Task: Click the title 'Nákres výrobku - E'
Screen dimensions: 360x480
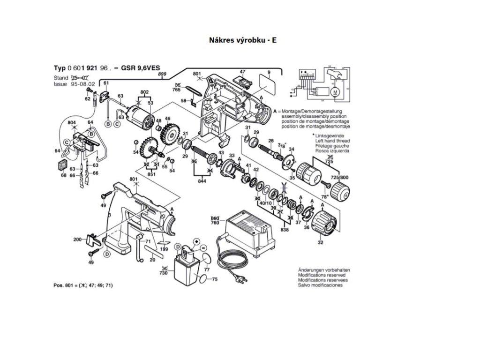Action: [x=242, y=40]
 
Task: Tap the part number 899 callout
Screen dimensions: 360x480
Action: [x=162, y=75]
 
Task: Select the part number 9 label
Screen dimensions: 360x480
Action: [x=269, y=72]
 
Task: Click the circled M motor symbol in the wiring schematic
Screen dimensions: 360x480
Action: [x=335, y=92]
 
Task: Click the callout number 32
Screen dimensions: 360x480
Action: [x=321, y=243]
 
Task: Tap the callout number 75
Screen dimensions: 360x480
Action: [x=215, y=279]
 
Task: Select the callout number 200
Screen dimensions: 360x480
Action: [x=77, y=239]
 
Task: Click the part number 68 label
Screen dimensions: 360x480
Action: [x=63, y=175]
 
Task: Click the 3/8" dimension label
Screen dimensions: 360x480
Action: [x=282, y=145]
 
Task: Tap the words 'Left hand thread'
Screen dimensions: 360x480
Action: [x=332, y=141]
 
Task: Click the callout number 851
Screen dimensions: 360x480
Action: [x=151, y=174]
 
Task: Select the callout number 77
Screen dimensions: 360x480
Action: [x=207, y=270]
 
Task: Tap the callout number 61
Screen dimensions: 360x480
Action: [x=106, y=83]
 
